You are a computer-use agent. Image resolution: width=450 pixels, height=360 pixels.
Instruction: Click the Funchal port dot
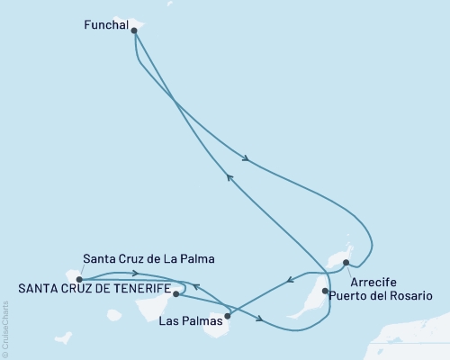[134, 30]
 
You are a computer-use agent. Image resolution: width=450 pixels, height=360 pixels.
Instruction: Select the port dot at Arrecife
[346, 263]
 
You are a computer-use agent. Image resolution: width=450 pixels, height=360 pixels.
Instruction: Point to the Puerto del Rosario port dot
[324, 291]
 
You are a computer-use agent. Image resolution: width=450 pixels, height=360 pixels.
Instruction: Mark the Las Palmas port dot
[227, 315]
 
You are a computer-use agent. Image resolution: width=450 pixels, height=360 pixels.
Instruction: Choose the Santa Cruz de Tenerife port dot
[175, 293]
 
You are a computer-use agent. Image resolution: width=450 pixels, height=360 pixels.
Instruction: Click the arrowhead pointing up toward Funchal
[229, 177]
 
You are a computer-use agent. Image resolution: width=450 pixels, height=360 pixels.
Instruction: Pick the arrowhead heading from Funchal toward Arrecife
[245, 161]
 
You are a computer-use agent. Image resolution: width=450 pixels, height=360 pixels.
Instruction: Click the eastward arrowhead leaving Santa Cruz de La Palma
[135, 273]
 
